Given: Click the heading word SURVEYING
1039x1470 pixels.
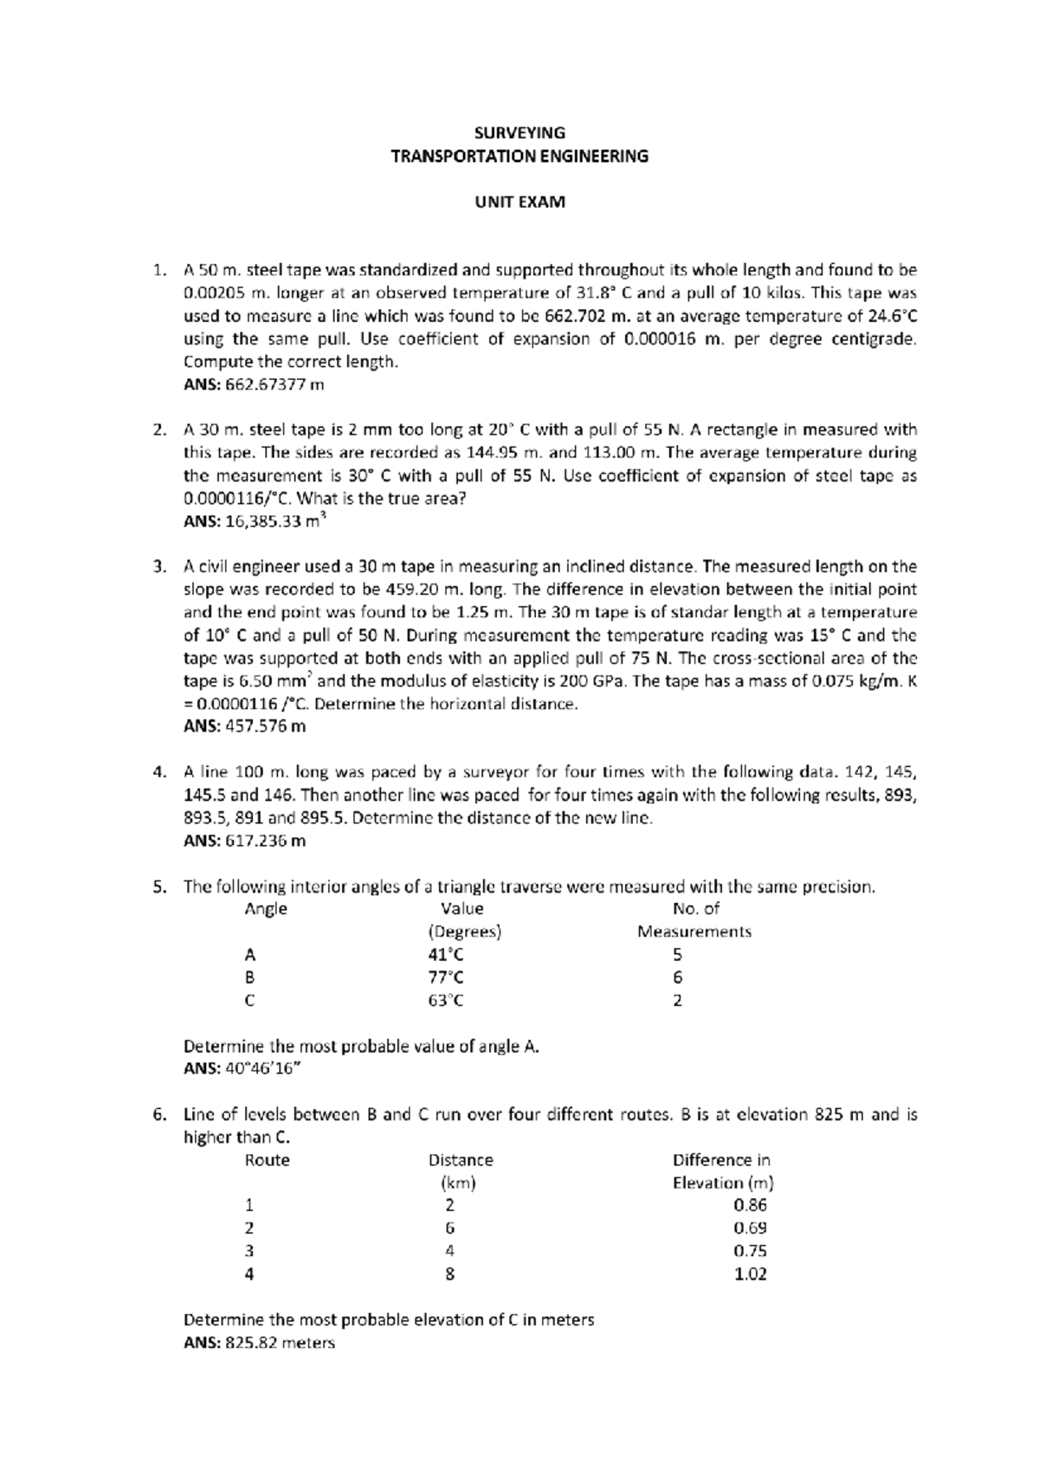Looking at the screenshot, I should (519, 132).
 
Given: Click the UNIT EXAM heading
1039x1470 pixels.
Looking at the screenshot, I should (519, 202).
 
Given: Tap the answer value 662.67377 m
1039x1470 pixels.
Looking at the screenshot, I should (274, 384).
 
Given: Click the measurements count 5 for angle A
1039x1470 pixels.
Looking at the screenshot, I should (677, 955).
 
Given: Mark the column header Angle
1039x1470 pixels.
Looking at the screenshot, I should (266, 909).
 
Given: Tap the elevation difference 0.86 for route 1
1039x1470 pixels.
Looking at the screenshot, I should (750, 1205).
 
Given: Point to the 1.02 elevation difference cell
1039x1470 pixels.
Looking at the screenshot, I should (750, 1273).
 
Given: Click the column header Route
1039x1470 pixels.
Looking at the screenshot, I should (267, 1160).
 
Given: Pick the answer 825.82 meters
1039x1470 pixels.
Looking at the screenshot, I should (280, 1343).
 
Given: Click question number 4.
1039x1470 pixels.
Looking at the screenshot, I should (158, 772).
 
